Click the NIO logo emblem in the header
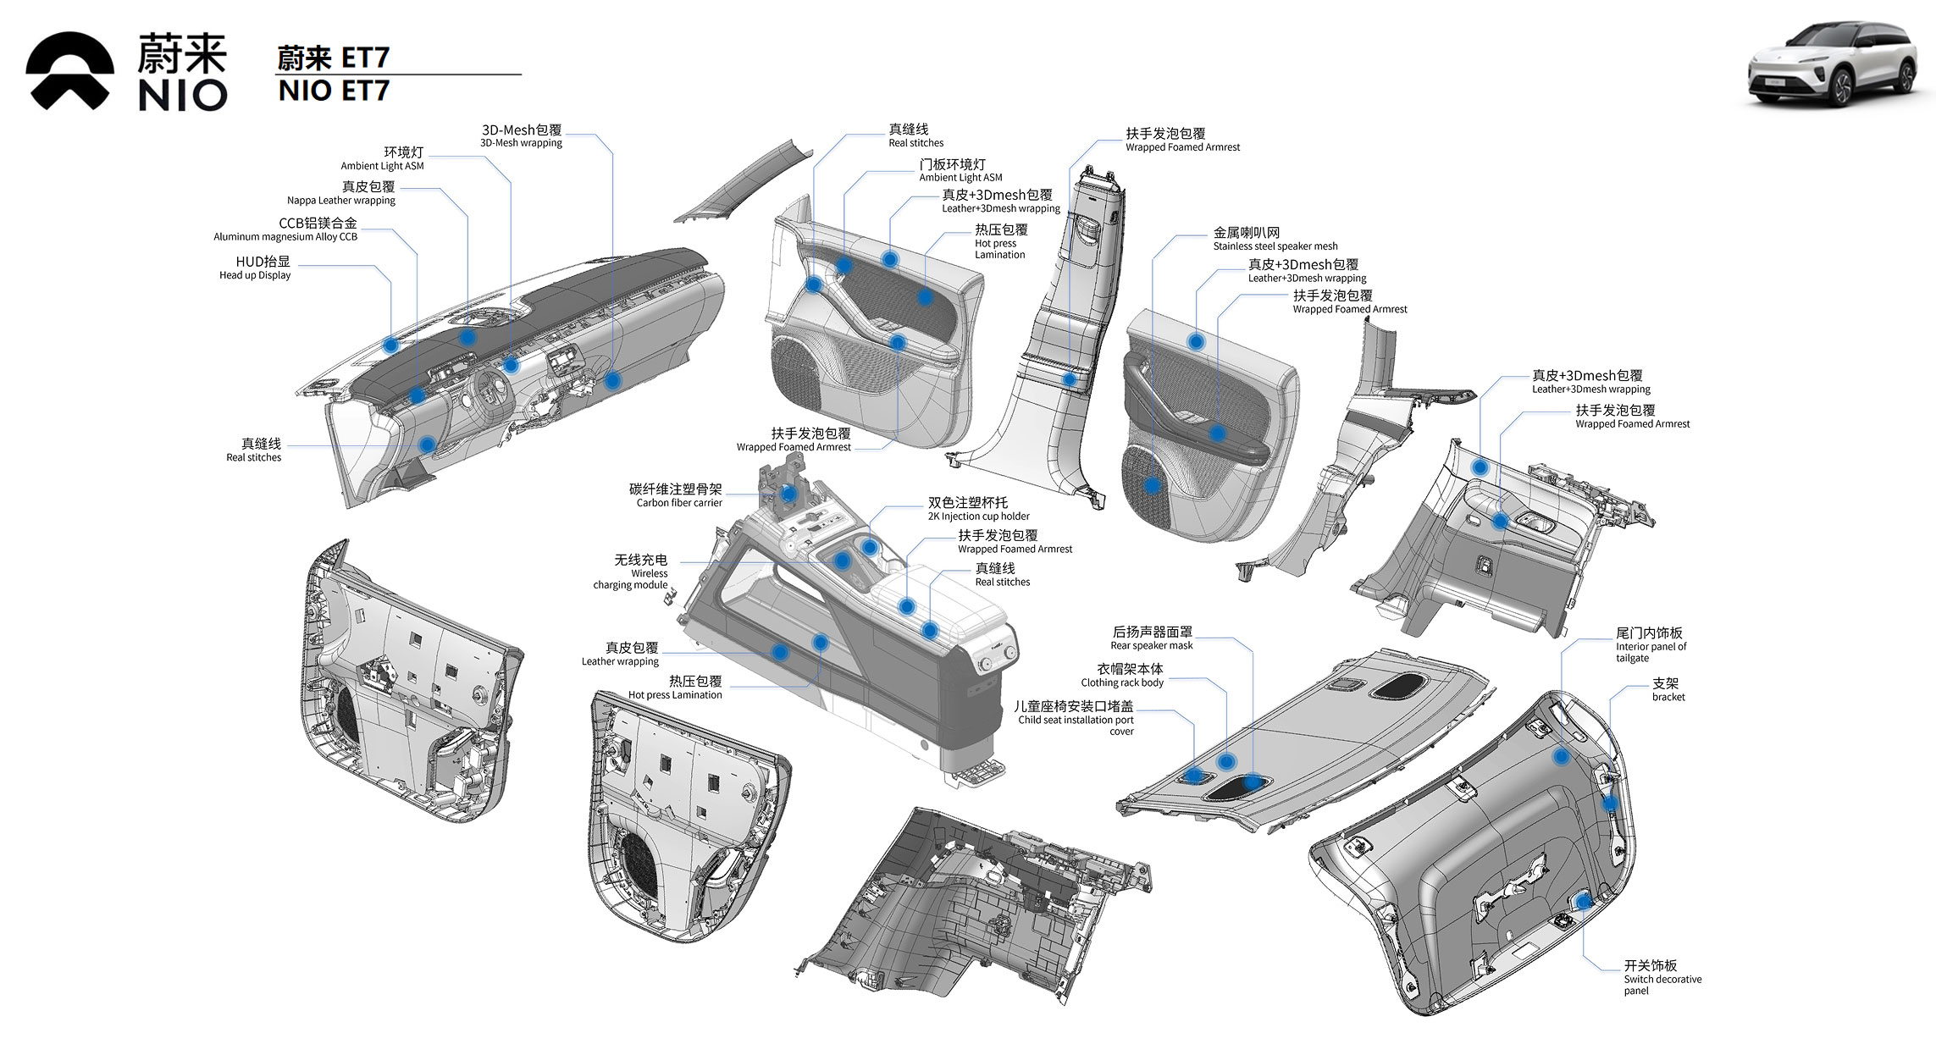point(69,71)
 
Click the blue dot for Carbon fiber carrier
point(788,493)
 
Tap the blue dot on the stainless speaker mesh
point(1152,486)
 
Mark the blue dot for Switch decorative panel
point(1583,903)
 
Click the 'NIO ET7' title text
point(334,91)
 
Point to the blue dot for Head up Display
point(391,345)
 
